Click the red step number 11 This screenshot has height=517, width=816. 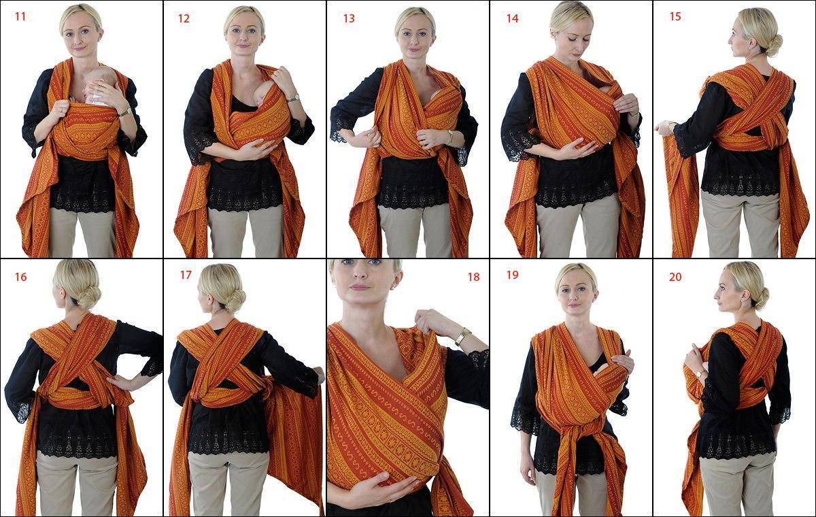click(x=20, y=17)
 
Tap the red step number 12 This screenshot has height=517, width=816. click(x=184, y=18)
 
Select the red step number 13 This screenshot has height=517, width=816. click(x=349, y=18)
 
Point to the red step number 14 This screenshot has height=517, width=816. click(x=513, y=18)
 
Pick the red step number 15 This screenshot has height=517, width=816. click(x=675, y=17)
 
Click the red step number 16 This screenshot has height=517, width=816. click(x=21, y=278)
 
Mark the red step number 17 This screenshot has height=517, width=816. click(x=186, y=275)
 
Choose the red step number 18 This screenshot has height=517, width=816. click(x=473, y=278)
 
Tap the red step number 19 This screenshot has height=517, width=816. click(x=512, y=275)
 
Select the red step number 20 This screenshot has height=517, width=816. click(x=675, y=278)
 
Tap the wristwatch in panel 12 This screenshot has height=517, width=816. click(x=294, y=98)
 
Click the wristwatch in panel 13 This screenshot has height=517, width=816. click(x=451, y=137)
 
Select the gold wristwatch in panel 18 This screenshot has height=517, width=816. click(x=460, y=337)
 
